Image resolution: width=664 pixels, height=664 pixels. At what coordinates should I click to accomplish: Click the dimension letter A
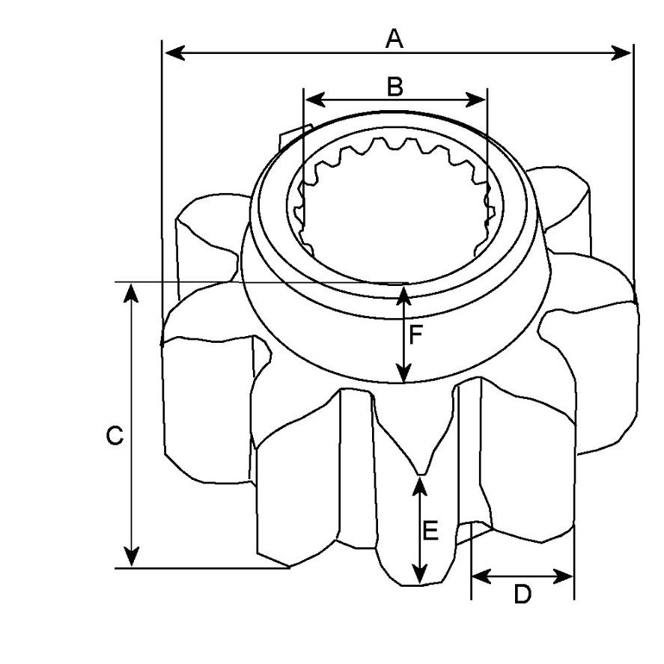click(x=395, y=38)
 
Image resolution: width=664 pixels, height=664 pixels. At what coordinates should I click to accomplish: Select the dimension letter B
click(x=395, y=86)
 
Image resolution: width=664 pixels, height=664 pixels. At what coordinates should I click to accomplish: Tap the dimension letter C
click(x=115, y=436)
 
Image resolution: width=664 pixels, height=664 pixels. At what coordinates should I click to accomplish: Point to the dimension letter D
click(x=522, y=594)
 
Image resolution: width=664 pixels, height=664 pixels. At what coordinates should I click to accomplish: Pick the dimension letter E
click(x=430, y=531)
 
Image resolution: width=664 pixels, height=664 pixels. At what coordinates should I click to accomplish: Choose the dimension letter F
click(x=416, y=335)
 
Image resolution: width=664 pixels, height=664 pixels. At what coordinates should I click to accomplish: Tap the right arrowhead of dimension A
click(x=621, y=53)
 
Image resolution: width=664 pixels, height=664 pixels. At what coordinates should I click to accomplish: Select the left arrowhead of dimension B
click(x=315, y=100)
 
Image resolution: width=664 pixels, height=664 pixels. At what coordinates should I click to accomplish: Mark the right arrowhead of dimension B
click(x=475, y=100)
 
